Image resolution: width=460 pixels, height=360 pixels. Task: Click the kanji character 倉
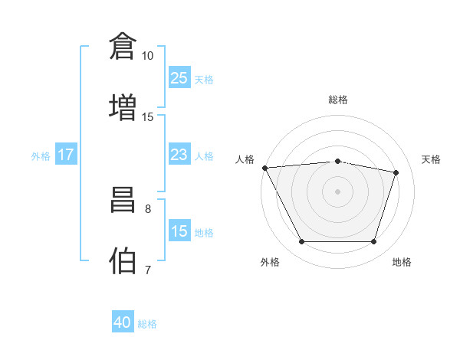coord(123,45)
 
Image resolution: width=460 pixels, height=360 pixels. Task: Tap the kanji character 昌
coord(123,199)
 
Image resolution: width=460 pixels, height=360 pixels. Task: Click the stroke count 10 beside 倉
coord(147,56)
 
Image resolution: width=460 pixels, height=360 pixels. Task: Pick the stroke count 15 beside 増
coord(147,116)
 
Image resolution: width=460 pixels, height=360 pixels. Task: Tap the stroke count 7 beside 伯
coord(148,270)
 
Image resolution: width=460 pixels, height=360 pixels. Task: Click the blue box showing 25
coord(179,77)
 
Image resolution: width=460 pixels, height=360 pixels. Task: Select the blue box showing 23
coord(179,155)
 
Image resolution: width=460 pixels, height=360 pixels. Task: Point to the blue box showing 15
coord(179,231)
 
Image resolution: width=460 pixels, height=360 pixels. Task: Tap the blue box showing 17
coord(66,155)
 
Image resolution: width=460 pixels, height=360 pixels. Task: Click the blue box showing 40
coord(123,322)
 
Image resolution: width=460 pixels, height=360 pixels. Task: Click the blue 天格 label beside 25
coord(204,79)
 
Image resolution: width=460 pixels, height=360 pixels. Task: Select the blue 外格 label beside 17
coord(41,156)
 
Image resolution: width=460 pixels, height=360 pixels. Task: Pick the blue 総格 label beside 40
coord(148,324)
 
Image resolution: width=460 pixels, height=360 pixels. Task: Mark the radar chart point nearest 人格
coord(264,168)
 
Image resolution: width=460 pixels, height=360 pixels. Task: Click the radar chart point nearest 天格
coord(396,172)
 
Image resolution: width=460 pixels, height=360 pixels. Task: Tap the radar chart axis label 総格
coord(338,100)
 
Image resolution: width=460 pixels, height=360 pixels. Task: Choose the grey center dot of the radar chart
coord(338,191)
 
